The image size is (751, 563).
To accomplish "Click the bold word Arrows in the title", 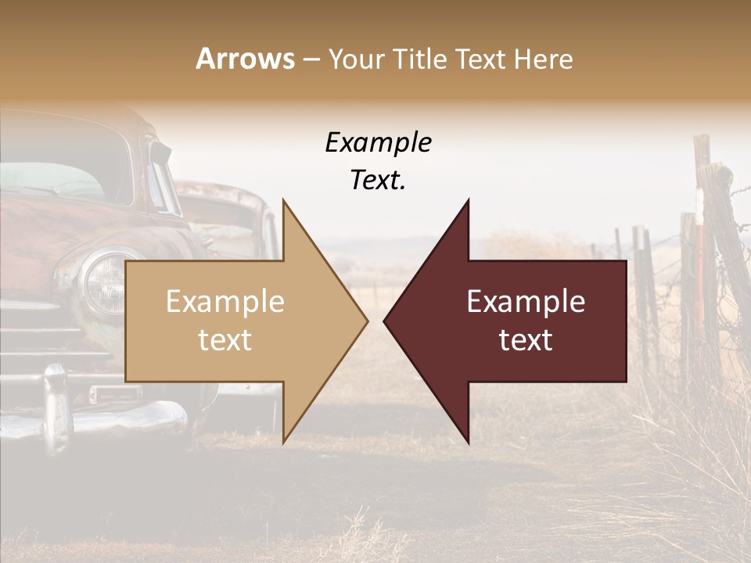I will pyautogui.click(x=246, y=59).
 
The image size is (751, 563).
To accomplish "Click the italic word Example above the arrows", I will pyautogui.click(x=378, y=143).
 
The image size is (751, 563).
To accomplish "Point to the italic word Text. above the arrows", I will pyautogui.click(x=378, y=180).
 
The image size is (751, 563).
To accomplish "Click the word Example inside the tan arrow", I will pyautogui.click(x=225, y=302).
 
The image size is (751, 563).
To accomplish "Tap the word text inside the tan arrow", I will pyautogui.click(x=225, y=340).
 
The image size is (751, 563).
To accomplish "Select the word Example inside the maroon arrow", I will pyautogui.click(x=526, y=302).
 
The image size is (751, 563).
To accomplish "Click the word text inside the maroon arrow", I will pyautogui.click(x=526, y=340).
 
